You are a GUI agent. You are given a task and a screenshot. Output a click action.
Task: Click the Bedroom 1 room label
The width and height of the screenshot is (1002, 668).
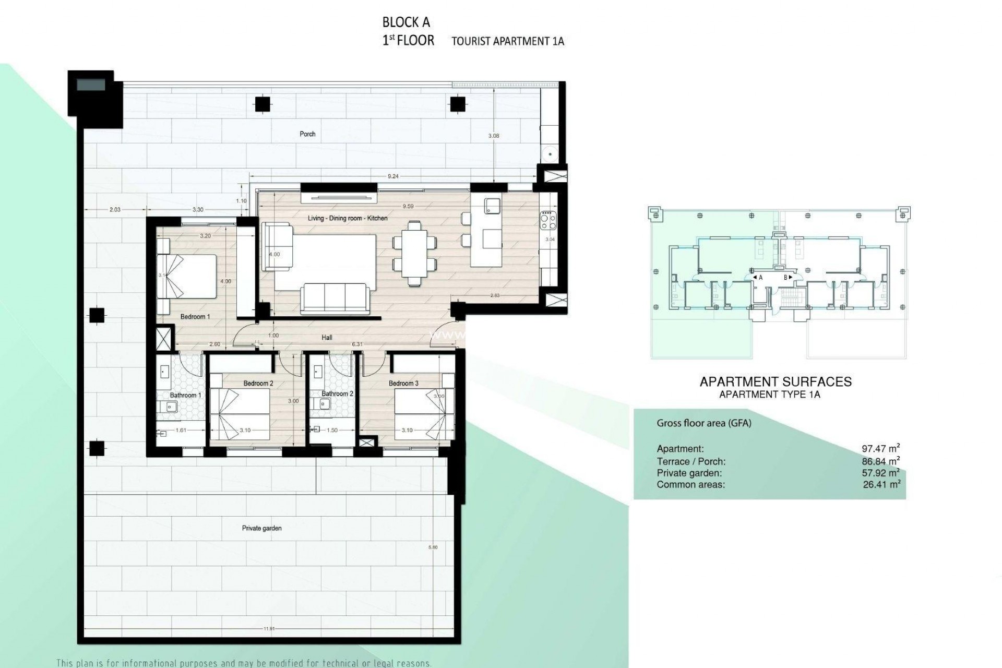click(x=195, y=317)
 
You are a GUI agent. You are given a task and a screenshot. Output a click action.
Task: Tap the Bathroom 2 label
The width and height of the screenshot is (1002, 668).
click(x=337, y=393)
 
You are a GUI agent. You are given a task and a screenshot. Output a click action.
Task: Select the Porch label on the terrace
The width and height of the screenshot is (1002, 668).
click(x=307, y=134)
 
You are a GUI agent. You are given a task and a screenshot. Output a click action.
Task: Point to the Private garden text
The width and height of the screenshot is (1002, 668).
click(x=261, y=528)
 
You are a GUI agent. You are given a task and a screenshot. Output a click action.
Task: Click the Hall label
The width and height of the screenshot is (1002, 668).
click(x=327, y=338)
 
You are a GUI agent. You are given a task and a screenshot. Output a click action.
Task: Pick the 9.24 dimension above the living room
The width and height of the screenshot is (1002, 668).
click(x=393, y=176)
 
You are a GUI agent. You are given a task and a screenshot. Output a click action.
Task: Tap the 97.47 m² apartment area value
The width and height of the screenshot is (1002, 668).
click(x=880, y=448)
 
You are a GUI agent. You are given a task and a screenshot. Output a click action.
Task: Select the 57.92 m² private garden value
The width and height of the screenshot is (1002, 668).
click(x=880, y=473)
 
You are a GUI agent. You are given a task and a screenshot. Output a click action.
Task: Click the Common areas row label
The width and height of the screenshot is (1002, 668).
click(x=690, y=485)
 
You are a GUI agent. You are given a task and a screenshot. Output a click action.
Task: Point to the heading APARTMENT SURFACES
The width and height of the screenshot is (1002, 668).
click(x=775, y=381)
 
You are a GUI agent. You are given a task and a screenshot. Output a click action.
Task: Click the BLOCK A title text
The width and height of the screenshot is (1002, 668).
click(x=406, y=22)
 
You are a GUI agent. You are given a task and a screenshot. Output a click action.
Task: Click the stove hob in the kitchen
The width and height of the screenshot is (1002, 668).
click(x=548, y=220)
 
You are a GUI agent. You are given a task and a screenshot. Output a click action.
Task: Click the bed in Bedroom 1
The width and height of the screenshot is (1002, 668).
click(x=188, y=277)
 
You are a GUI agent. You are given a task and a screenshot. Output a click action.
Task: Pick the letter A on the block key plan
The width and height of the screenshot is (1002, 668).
click(x=760, y=278)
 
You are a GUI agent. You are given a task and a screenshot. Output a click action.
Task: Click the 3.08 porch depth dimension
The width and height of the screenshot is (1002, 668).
click(x=493, y=136)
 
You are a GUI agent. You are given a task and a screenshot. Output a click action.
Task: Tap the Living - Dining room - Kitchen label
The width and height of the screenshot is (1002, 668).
click(x=347, y=218)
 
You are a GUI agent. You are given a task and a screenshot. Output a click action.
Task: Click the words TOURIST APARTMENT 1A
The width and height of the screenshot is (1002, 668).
click(x=507, y=41)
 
